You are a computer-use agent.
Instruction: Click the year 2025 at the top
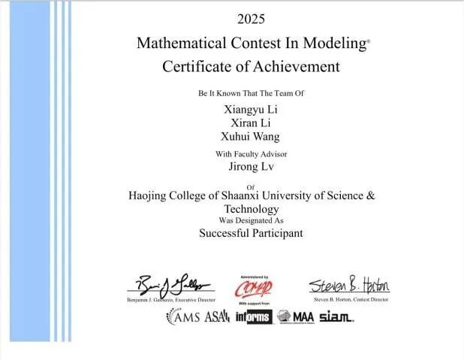point(251,18)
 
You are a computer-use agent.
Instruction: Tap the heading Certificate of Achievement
point(251,66)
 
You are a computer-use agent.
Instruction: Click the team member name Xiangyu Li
point(251,109)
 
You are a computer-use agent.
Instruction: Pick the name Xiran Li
point(251,123)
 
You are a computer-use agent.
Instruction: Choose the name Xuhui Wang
point(251,136)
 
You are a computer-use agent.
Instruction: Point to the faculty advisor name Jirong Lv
point(251,167)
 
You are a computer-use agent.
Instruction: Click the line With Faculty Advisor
point(251,153)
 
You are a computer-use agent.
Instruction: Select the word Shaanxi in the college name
point(262,195)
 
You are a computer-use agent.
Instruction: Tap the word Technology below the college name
point(251,208)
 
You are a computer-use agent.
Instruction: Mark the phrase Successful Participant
point(251,233)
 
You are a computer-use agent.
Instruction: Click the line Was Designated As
point(251,220)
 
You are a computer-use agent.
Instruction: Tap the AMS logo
point(184,317)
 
